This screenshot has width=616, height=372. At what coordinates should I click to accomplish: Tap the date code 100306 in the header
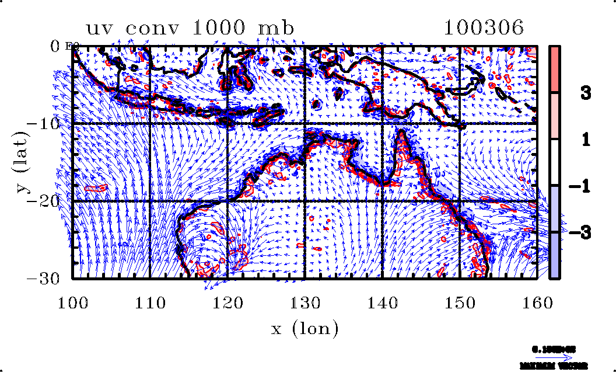tap(483, 27)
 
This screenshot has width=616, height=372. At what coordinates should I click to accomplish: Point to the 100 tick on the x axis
tap(73, 302)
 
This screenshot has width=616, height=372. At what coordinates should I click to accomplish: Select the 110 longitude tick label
tap(150, 302)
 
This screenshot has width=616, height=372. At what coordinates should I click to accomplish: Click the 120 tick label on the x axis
tap(228, 302)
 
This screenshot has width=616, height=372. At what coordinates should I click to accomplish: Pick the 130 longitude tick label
tap(305, 302)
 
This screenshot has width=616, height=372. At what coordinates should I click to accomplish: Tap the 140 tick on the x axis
tap(382, 302)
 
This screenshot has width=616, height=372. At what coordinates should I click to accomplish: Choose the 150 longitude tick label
tap(460, 302)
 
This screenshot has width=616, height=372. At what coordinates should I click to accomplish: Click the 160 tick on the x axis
tap(537, 302)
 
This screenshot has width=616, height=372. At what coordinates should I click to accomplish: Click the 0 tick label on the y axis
tap(56, 46)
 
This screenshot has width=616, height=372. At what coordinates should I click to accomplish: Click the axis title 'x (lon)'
tap(304, 329)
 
